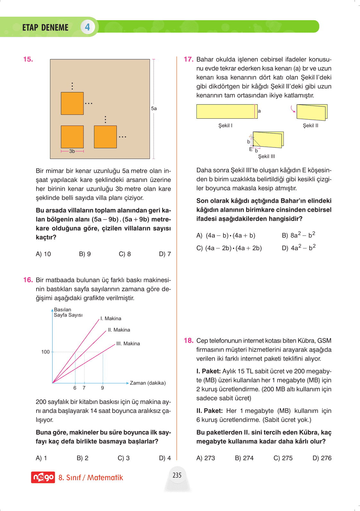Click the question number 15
click(x=28, y=59)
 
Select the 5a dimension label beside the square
click(x=154, y=108)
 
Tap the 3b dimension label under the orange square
click(x=72, y=151)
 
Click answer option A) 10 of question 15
click(x=43, y=254)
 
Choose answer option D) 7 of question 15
click(x=165, y=254)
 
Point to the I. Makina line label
click(x=111, y=319)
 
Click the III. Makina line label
click(x=128, y=344)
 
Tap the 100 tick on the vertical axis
click(x=46, y=352)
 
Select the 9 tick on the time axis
click(x=102, y=388)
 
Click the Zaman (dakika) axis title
click(x=148, y=383)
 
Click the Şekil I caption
click(x=225, y=125)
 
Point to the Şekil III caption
click(x=266, y=156)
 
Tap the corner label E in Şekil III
click(x=251, y=149)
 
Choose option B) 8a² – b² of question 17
click(x=298, y=235)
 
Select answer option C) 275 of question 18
click(x=283, y=458)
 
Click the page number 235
click(x=177, y=475)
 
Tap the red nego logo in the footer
click(x=43, y=477)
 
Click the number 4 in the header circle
click(x=87, y=27)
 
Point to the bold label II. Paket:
click(x=210, y=411)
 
